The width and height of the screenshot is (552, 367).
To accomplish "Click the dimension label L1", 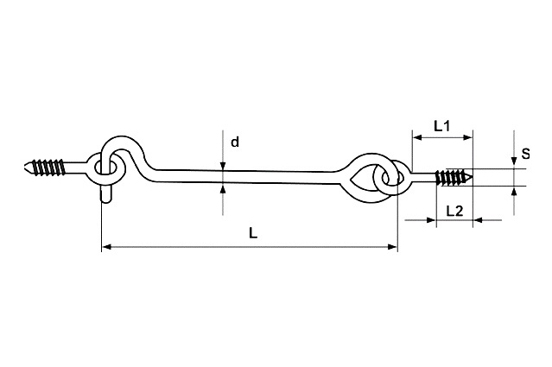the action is [441, 125].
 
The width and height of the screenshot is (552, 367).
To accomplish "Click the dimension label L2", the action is [455, 211].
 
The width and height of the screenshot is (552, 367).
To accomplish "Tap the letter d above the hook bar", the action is [235, 142].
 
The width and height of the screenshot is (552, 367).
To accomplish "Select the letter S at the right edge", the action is [525, 154].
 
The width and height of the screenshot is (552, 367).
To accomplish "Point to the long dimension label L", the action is [253, 233].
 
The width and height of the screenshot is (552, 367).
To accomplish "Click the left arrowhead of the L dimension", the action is [106, 247].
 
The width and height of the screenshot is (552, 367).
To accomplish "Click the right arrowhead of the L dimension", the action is [392, 247].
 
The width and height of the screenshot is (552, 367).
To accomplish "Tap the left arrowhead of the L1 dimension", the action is [417, 137].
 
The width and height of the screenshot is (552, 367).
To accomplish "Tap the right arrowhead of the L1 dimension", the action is [468, 137].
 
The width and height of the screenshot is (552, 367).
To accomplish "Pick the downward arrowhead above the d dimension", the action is [223, 166].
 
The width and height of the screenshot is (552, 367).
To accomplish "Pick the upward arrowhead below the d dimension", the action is [223, 188].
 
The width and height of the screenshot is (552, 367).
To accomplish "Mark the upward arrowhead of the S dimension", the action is [514, 191].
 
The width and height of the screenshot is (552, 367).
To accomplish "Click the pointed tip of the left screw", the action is [25, 167].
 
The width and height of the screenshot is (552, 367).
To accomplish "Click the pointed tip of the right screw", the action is [472, 175].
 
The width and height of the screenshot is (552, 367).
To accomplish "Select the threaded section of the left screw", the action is [48, 167].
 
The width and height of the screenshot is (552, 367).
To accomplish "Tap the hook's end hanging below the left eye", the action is [106, 194].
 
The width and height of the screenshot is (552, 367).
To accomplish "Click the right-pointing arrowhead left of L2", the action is [431, 220].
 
